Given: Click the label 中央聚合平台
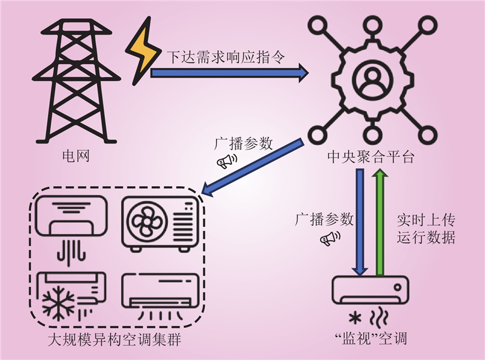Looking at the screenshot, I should (369, 158).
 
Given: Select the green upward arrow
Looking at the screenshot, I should (380, 221).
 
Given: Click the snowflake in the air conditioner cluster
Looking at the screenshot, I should (59, 301).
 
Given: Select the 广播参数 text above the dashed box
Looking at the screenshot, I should (244, 144).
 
